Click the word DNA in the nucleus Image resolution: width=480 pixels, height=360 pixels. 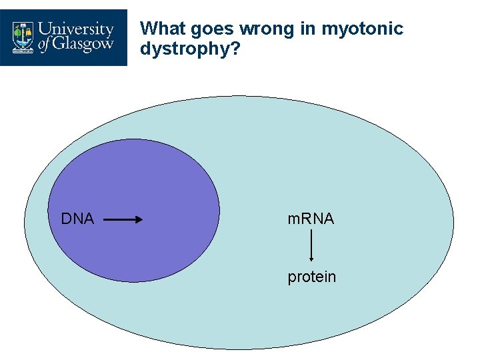pos(77,219)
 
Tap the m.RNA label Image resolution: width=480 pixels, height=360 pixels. pos(311,219)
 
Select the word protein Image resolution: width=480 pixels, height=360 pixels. pos(312,277)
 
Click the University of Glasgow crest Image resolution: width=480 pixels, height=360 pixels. pos(23,37)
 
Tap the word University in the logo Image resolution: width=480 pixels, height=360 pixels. pos(77,30)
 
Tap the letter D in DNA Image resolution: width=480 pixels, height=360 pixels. pos(66,219)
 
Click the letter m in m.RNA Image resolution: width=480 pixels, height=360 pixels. pos(292,219)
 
